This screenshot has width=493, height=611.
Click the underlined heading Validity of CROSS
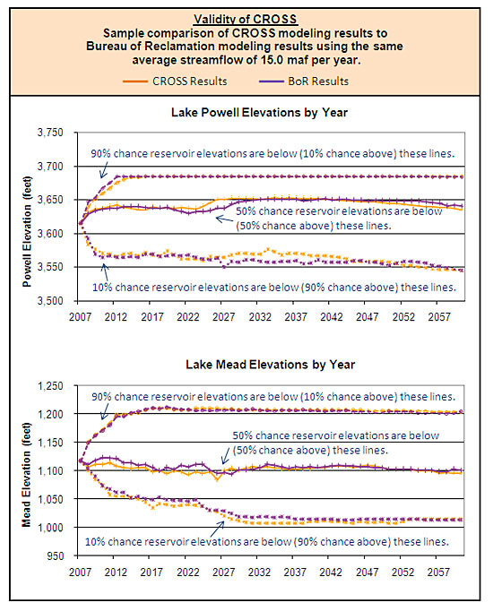[246, 19]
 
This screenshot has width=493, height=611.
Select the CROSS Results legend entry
[175, 81]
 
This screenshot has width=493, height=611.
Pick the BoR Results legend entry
[304, 81]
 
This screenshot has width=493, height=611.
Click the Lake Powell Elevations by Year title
[259, 113]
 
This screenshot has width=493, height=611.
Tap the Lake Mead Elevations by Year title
[270, 365]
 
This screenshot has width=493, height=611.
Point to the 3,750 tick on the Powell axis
[51, 133]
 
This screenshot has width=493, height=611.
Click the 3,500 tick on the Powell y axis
[51, 301]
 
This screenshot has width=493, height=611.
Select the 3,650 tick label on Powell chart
[51, 200]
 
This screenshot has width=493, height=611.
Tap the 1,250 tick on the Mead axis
[51, 386]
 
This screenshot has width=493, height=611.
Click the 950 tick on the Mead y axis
[56, 555]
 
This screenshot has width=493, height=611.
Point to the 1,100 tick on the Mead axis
[51, 470]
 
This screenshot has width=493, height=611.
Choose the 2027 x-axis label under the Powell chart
[224, 317]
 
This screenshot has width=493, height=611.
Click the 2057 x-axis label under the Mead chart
[438, 572]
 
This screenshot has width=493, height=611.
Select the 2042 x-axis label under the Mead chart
[331, 572]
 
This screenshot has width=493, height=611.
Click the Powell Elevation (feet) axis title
[27, 232]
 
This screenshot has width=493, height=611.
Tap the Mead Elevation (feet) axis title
[27, 475]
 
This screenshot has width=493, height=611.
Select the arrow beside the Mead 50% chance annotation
[225, 455]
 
